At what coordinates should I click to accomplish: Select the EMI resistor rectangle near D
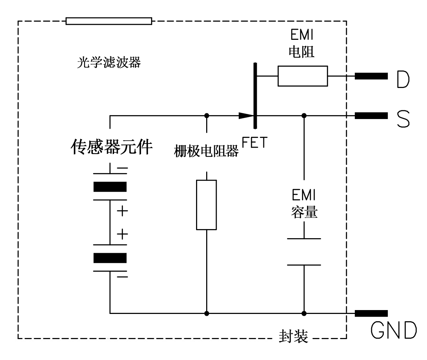coord(302,76)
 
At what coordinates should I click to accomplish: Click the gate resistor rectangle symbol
coord(207,205)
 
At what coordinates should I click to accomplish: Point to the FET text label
coord(255,143)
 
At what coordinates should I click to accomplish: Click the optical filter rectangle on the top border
coord(109,21)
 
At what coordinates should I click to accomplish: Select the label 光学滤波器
coord(109,63)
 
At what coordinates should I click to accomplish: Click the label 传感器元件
coord(112,147)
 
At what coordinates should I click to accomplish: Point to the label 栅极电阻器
coord(206,152)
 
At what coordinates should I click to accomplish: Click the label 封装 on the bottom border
coord(293,337)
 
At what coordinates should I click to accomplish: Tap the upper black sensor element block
coord(110,187)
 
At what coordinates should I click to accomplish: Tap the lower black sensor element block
coord(110,258)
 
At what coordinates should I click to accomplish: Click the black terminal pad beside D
coord(371,76)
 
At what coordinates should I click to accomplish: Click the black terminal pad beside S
coord(371,116)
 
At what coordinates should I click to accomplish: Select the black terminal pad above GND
coord(371,313)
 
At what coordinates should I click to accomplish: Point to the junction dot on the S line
coord(304,116)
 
